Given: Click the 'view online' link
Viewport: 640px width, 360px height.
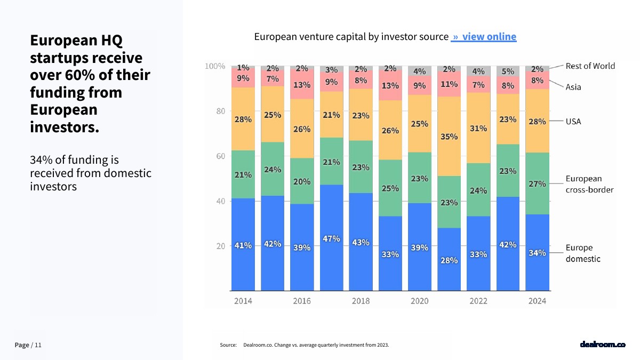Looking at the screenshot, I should click(x=484, y=37).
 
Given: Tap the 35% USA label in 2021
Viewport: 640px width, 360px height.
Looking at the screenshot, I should click(x=449, y=137).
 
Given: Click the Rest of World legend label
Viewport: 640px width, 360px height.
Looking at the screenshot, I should click(x=590, y=66).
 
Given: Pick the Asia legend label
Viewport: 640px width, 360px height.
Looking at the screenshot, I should click(x=573, y=87).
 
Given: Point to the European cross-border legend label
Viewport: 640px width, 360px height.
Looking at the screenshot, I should click(x=589, y=184).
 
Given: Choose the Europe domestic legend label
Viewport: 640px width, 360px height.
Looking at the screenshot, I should click(x=583, y=253).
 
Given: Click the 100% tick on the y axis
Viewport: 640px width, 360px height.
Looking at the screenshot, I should click(x=215, y=66).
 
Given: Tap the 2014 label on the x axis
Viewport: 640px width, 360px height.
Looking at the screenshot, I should click(x=243, y=301).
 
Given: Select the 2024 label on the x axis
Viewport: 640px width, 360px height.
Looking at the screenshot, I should click(x=537, y=301).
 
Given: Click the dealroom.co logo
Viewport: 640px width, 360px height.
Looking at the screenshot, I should click(x=602, y=345).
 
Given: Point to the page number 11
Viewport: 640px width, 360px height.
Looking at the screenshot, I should click(x=38, y=345).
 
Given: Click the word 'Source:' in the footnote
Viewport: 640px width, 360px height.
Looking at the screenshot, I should click(x=228, y=345).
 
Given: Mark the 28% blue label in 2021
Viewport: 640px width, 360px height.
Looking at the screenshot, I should click(x=449, y=260).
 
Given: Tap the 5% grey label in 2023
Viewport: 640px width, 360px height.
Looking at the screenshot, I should click(x=508, y=71).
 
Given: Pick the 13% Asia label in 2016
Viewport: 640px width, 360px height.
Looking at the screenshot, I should click(x=302, y=84).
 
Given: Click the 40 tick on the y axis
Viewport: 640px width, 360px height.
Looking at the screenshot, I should click(x=220, y=201).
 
